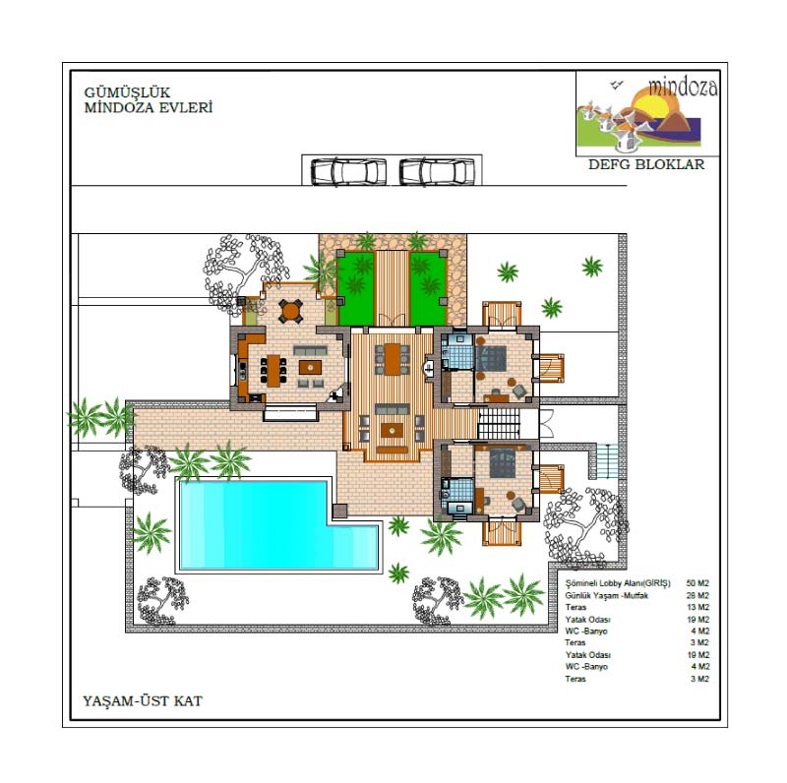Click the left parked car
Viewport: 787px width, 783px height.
click(x=349, y=172)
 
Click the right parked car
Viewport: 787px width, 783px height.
click(x=437, y=172)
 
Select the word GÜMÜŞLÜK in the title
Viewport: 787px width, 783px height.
click(x=127, y=92)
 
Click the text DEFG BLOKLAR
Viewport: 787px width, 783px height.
click(x=646, y=164)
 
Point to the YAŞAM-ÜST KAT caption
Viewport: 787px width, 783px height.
click(x=143, y=700)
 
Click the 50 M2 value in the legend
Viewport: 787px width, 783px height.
click(x=697, y=583)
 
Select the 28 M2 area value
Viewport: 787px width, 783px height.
click(x=697, y=595)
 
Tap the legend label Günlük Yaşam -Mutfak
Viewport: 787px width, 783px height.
click(x=606, y=595)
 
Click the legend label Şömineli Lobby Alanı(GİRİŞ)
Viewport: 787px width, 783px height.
click(x=618, y=583)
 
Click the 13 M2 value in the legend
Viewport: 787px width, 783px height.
click(x=697, y=607)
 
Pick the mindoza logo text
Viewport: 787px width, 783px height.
click(x=683, y=87)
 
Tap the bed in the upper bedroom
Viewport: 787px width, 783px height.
click(x=491, y=357)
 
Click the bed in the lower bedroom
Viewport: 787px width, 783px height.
click(x=502, y=462)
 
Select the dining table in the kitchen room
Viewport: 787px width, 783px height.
click(x=273, y=371)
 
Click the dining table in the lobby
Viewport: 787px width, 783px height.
click(x=393, y=358)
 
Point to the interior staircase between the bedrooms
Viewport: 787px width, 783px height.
click(x=499, y=423)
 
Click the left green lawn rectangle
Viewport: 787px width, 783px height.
click(x=357, y=288)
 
